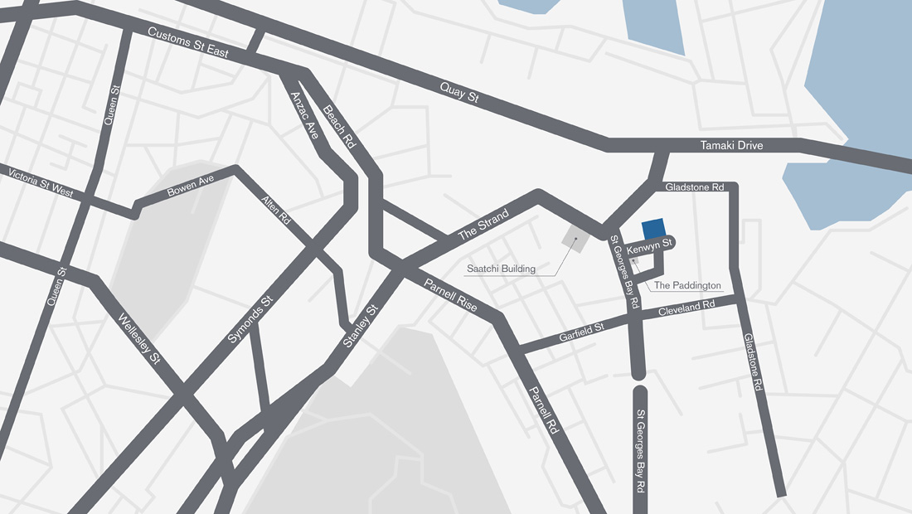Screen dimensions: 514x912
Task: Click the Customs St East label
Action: click(187, 42)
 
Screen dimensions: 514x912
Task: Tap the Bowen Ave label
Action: click(190, 185)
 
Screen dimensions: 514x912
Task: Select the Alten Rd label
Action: click(276, 211)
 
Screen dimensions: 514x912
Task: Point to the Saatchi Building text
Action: click(501, 269)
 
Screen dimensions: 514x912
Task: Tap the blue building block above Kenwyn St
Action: click(653, 230)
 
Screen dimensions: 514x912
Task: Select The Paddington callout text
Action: click(687, 286)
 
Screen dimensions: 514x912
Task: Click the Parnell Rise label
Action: click(450, 294)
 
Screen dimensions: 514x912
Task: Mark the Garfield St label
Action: click(582, 333)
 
